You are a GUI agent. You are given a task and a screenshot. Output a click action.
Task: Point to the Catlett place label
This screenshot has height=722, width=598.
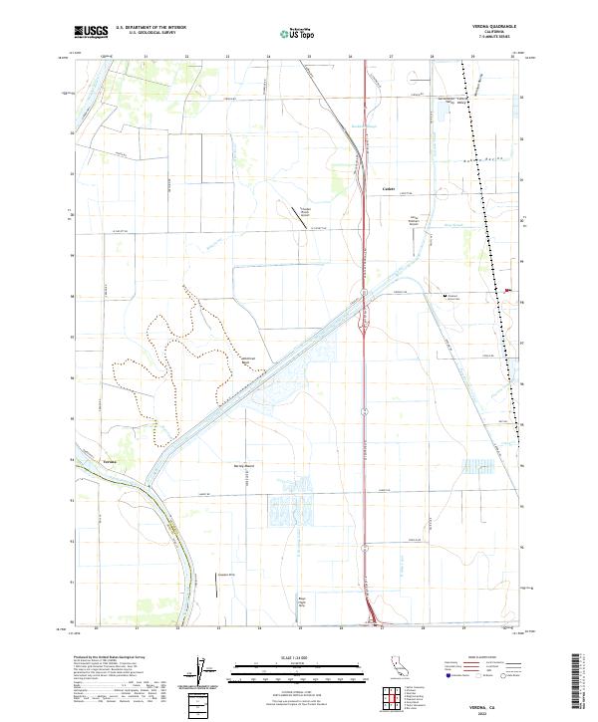390,188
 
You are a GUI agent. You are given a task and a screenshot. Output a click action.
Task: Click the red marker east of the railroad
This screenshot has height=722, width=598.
508,291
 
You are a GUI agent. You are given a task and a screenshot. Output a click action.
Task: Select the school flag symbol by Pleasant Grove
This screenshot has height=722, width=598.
445,295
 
